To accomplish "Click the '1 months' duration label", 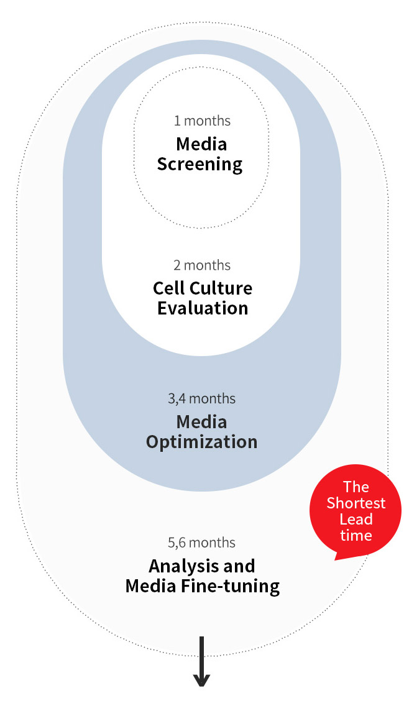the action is click(202, 121).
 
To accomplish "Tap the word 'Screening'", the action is click(200, 165).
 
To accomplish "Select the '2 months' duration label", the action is click(202, 265).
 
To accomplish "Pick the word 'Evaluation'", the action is click(203, 308).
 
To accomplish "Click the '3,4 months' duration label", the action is click(202, 398).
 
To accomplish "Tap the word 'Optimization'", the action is click(202, 443).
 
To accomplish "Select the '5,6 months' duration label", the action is click(202, 543).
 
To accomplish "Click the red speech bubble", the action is click(356, 510).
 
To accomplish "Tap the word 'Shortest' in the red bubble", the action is click(356, 503).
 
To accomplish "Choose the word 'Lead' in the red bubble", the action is click(356, 519).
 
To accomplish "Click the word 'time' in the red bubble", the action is click(356, 536).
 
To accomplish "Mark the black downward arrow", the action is click(202, 661).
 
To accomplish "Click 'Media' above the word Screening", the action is click(201, 144).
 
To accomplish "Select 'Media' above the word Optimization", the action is click(201, 422).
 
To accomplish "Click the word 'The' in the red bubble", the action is click(356, 487).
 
